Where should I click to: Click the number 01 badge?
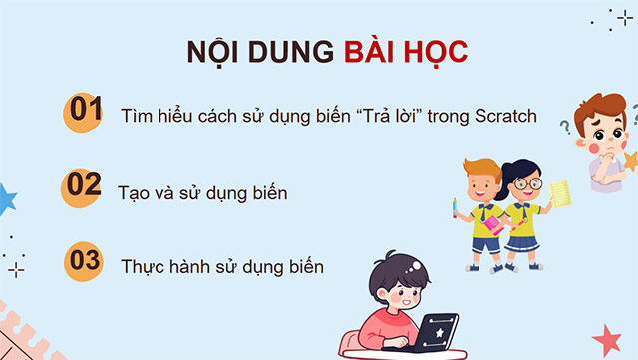pos(86,112)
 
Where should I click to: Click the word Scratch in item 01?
pos(503,117)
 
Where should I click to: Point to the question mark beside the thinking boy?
pos(565,127)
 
